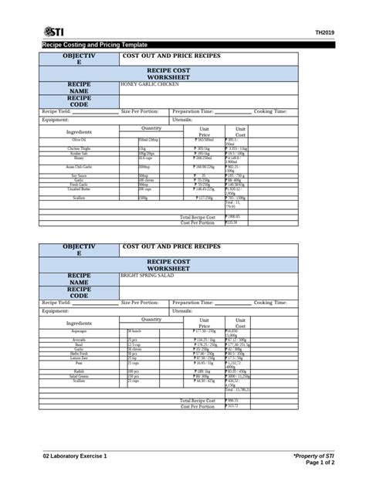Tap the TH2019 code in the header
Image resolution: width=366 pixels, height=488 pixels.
tap(326, 32)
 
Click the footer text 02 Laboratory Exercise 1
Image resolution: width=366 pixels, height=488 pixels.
tap(75, 457)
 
